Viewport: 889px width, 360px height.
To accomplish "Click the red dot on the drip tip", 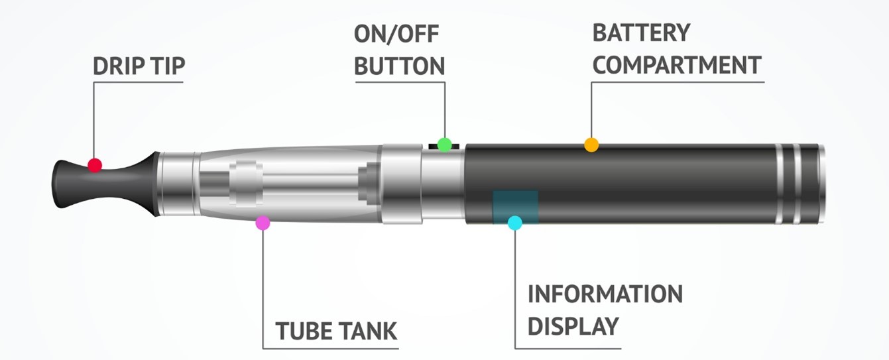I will [x=95, y=165].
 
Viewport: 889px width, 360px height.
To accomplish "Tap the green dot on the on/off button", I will [x=445, y=144].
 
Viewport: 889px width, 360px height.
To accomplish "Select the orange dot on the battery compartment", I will [x=591, y=145].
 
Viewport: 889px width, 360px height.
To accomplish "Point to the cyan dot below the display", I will [x=514, y=223].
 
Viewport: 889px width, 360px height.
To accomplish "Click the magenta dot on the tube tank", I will [x=263, y=223].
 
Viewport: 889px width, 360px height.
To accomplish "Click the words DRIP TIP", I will [x=139, y=66].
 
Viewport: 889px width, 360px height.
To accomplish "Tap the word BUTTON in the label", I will [x=400, y=66].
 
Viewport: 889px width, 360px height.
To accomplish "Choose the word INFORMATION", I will [x=605, y=294].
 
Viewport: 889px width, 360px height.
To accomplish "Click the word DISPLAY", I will [x=573, y=326].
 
